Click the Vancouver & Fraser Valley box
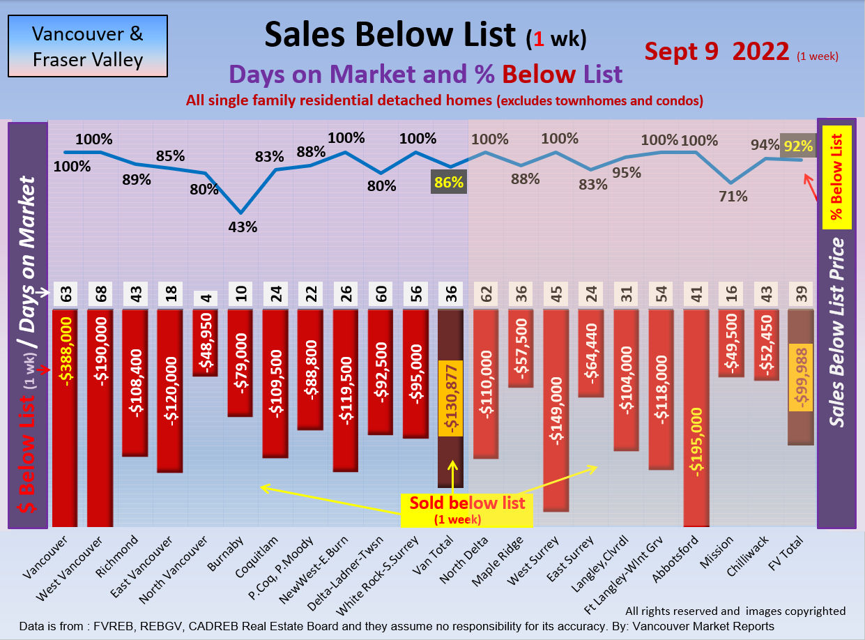87,47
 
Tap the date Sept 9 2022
717,52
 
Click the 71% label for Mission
733,197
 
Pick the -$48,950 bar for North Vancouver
205,342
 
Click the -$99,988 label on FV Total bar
801,378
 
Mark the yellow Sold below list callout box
467,510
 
